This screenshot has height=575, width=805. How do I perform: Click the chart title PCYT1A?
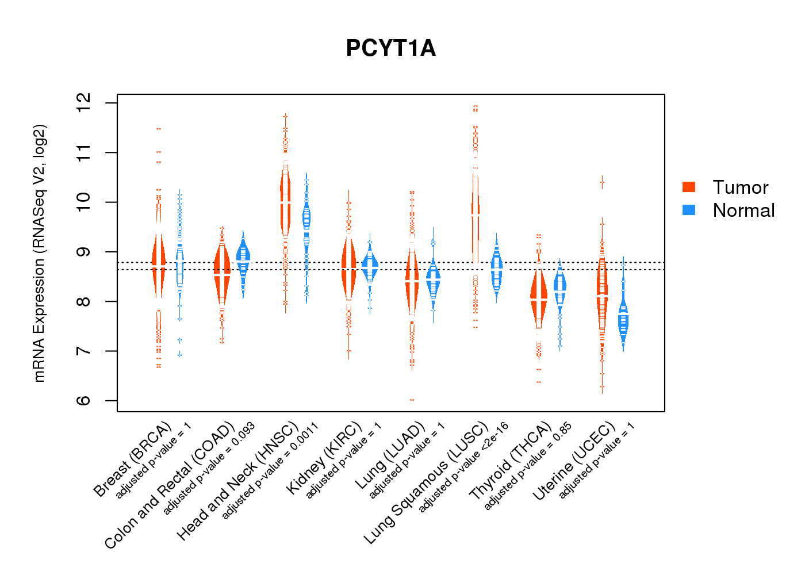[x=391, y=48]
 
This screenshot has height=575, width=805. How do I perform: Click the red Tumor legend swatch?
[x=689, y=187]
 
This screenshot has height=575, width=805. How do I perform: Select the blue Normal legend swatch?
[x=689, y=210]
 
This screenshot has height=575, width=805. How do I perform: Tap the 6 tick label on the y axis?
[x=85, y=401]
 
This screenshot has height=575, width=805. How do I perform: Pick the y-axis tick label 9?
[x=85, y=252]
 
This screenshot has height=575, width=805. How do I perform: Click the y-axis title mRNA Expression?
[x=40, y=253]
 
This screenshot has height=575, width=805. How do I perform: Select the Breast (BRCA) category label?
[x=133, y=459]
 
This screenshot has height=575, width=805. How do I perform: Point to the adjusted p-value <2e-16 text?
[x=463, y=467]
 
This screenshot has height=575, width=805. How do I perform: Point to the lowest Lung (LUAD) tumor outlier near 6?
[x=412, y=400]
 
